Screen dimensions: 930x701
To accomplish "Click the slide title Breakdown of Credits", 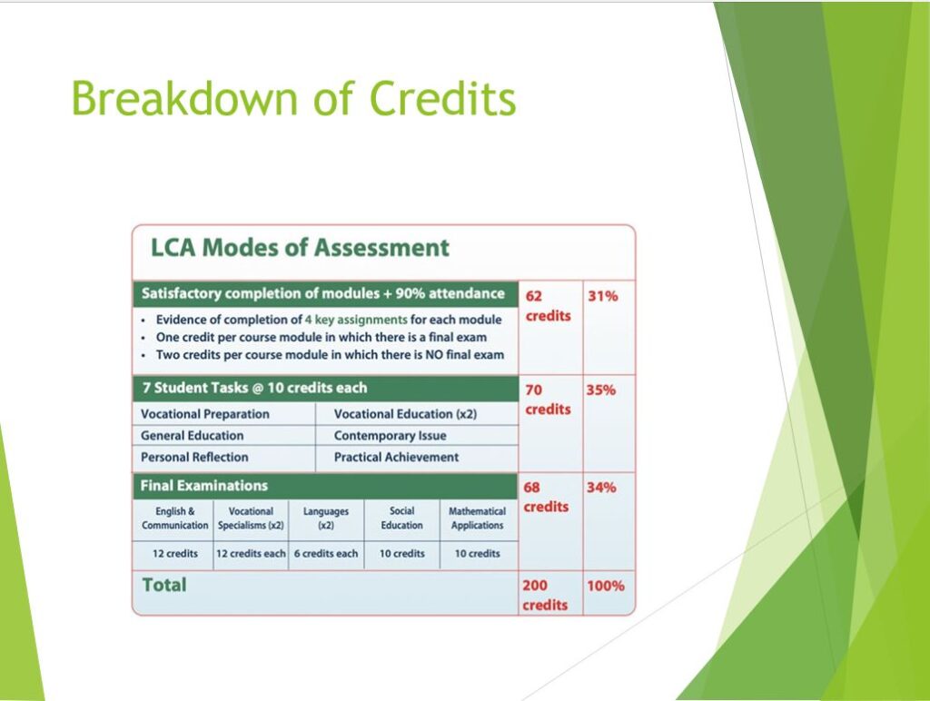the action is pos(293,98).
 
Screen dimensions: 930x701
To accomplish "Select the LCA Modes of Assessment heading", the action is pos(300,248).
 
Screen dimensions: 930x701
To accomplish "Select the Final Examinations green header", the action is pos(325,486).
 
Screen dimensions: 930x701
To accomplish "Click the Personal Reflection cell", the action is pos(223,458).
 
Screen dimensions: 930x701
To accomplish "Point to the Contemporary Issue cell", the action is pos(416,435).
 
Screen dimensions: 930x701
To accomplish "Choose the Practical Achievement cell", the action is pos(416,458).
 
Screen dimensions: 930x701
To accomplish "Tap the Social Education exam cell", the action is pos(402,518).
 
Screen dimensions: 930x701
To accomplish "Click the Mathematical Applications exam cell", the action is pos(478,518).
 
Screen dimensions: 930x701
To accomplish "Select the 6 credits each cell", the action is pos(326,554).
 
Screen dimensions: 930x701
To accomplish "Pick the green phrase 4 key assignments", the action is pos(356,320).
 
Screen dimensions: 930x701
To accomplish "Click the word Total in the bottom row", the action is pos(164,585).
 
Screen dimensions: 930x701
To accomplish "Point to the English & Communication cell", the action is pos(174,518).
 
